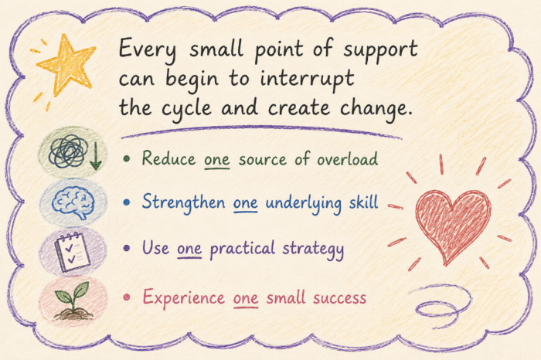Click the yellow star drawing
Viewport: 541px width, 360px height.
(66, 66)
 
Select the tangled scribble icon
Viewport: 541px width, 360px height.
(67, 151)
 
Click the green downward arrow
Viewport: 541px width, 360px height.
(95, 156)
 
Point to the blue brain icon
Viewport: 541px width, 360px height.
(73, 202)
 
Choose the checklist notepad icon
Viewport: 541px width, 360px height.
(73, 252)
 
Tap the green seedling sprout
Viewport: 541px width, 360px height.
(73, 299)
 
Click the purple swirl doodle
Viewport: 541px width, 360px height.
(441, 305)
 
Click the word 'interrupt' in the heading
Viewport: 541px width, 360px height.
(307, 80)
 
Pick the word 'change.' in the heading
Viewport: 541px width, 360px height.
(376, 109)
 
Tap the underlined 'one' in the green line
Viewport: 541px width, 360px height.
(216, 161)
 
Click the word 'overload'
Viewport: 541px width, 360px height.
(348, 159)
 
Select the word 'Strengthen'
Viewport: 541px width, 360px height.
(184, 202)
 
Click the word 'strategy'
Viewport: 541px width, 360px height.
(313, 250)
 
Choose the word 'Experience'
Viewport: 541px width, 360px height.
(184, 298)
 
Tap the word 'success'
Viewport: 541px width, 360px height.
(339, 298)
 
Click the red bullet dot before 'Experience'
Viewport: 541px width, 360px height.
(126, 297)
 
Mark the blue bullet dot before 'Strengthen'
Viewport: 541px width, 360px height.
(127, 202)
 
